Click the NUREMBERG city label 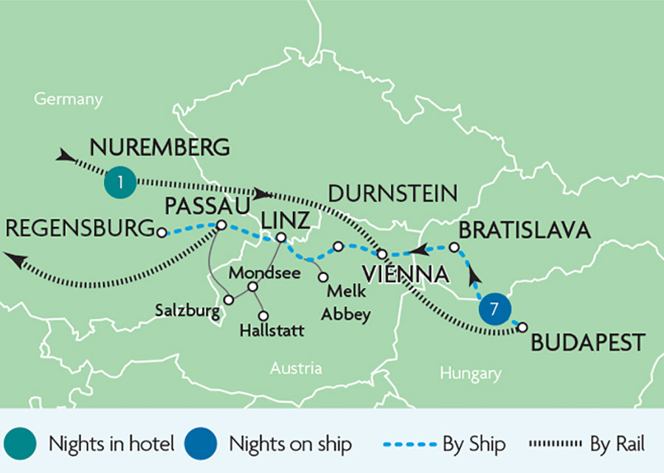click(x=160, y=147)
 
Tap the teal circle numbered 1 click(x=120, y=182)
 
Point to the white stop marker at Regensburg click(x=162, y=232)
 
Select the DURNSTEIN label click(x=392, y=195)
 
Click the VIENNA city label click(x=405, y=275)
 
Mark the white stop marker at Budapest click(x=522, y=326)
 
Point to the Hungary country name click(x=471, y=374)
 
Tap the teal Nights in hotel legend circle click(x=19, y=444)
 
